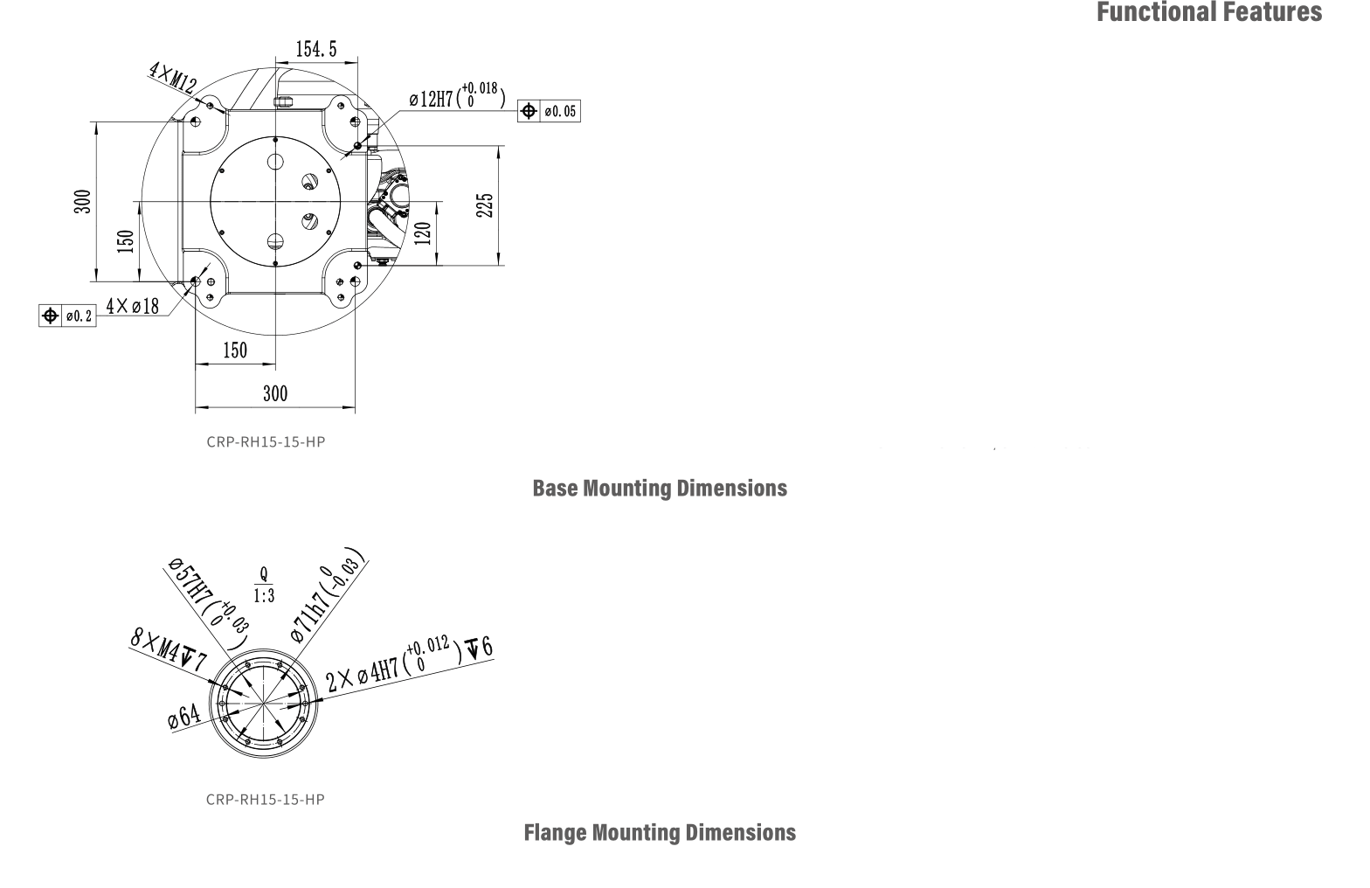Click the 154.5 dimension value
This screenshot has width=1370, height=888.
pyautogui.click(x=315, y=50)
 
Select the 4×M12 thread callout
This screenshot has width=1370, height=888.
pyautogui.click(x=172, y=78)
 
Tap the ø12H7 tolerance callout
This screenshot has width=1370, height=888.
pyautogui.click(x=457, y=96)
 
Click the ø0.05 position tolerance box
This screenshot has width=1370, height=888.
pyautogui.click(x=549, y=111)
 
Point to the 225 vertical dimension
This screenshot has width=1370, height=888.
pyautogui.click(x=487, y=205)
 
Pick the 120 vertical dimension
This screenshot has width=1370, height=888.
pyautogui.click(x=423, y=233)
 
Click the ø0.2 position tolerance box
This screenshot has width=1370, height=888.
pyautogui.click(x=66, y=316)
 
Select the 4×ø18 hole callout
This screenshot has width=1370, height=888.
pyautogui.click(x=133, y=306)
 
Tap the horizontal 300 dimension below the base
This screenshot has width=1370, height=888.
pyautogui.click(x=275, y=393)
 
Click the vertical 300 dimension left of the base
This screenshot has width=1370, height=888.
pyautogui.click(x=82, y=202)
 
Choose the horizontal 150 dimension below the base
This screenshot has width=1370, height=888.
pyautogui.click(x=235, y=350)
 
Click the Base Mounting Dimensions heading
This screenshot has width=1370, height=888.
pyautogui.click(x=660, y=488)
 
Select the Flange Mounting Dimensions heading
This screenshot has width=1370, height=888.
pyautogui.click(x=660, y=832)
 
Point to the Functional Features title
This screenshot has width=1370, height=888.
pyautogui.click(x=1209, y=12)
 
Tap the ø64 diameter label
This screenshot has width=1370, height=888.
pyautogui.click(x=184, y=718)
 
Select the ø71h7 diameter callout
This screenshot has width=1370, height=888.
pyautogui.click(x=327, y=599)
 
